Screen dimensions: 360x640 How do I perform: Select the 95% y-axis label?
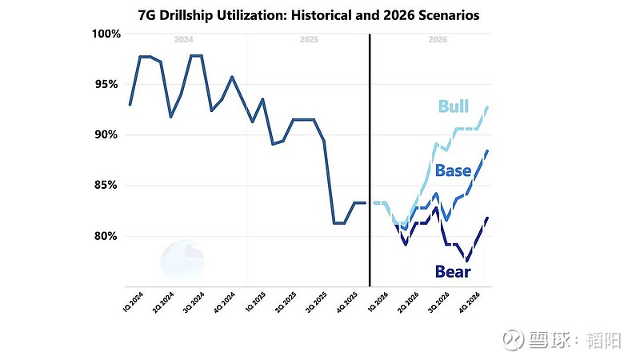(106, 84)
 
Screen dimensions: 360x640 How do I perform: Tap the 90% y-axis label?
(106, 134)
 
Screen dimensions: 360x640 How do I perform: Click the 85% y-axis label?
(106, 185)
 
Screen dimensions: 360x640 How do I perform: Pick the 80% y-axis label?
(106, 236)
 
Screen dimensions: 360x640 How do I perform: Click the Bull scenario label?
(454, 106)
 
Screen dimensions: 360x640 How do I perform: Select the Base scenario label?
(453, 170)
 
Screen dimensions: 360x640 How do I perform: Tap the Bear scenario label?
(452, 271)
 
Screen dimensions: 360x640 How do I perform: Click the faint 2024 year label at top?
(183, 38)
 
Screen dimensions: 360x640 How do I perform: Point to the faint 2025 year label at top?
(308, 38)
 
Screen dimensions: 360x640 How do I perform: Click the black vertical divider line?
(370, 160)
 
